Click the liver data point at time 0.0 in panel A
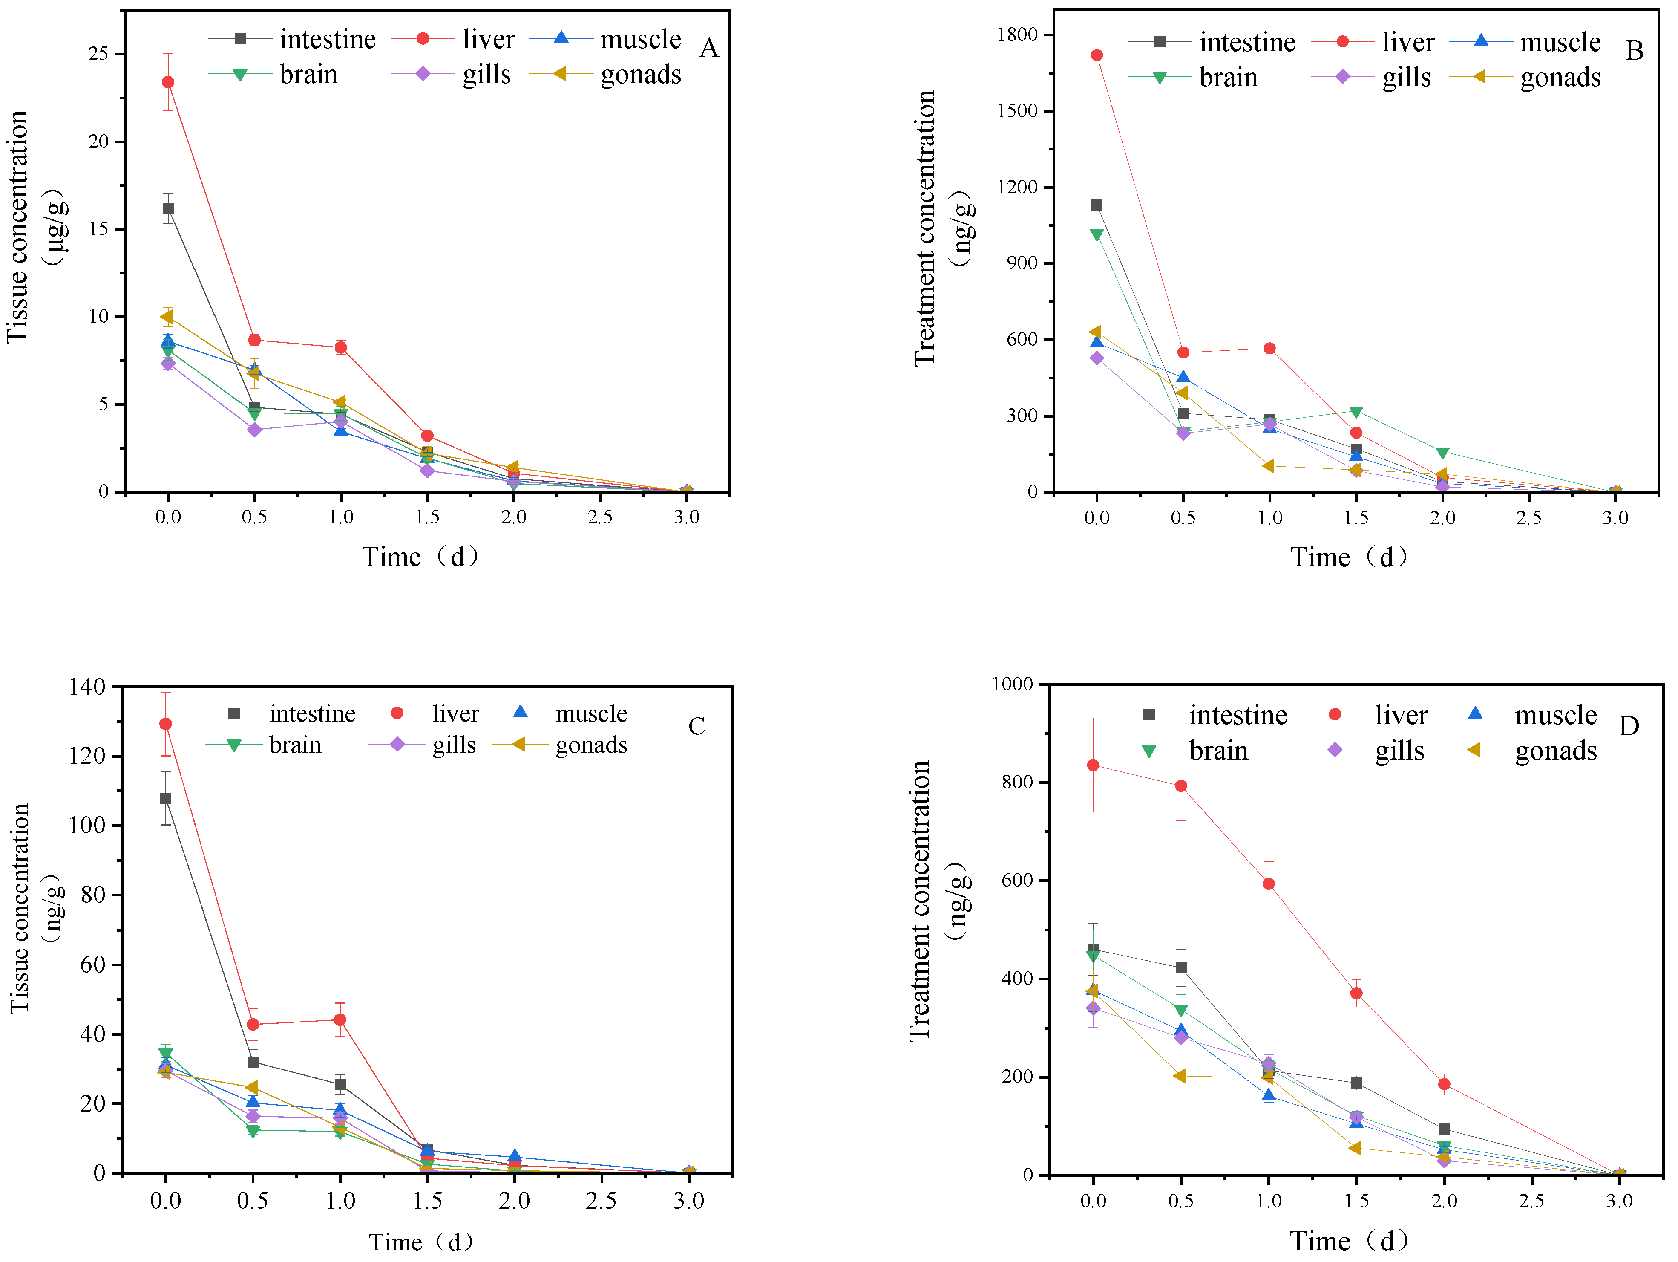tap(168, 82)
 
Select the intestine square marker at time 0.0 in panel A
tap(168, 208)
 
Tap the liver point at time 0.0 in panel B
tap(1096, 55)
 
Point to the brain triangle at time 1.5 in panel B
tap(1356, 412)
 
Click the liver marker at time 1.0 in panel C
tap(340, 1019)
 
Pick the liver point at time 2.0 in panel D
tap(1444, 1084)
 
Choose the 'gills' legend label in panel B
tap(1406, 78)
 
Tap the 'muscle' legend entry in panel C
tap(591, 713)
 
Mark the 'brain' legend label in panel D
tap(1218, 751)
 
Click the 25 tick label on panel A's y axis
tap(98, 54)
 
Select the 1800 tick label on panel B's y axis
tap(1017, 35)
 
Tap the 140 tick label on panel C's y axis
tap(87, 687)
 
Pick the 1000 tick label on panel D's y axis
tap(1012, 684)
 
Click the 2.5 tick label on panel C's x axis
tap(601, 1201)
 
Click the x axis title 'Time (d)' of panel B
tap(1350, 557)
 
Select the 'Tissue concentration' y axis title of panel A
tap(18, 228)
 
